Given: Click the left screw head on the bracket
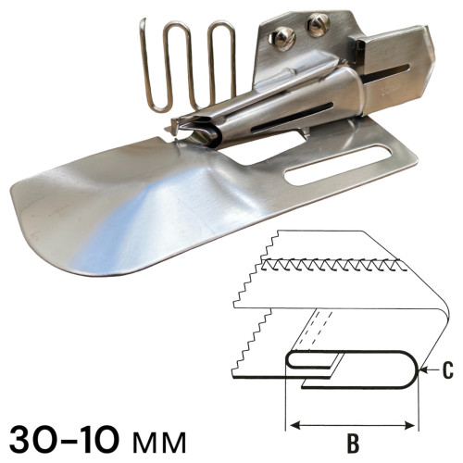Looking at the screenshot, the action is tap(284, 38).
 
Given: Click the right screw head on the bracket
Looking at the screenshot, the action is tap(318, 25).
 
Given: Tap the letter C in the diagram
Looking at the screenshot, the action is tap(447, 370).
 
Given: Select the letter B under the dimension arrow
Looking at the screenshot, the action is tap(353, 444).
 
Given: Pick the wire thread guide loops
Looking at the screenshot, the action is tap(188, 65).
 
